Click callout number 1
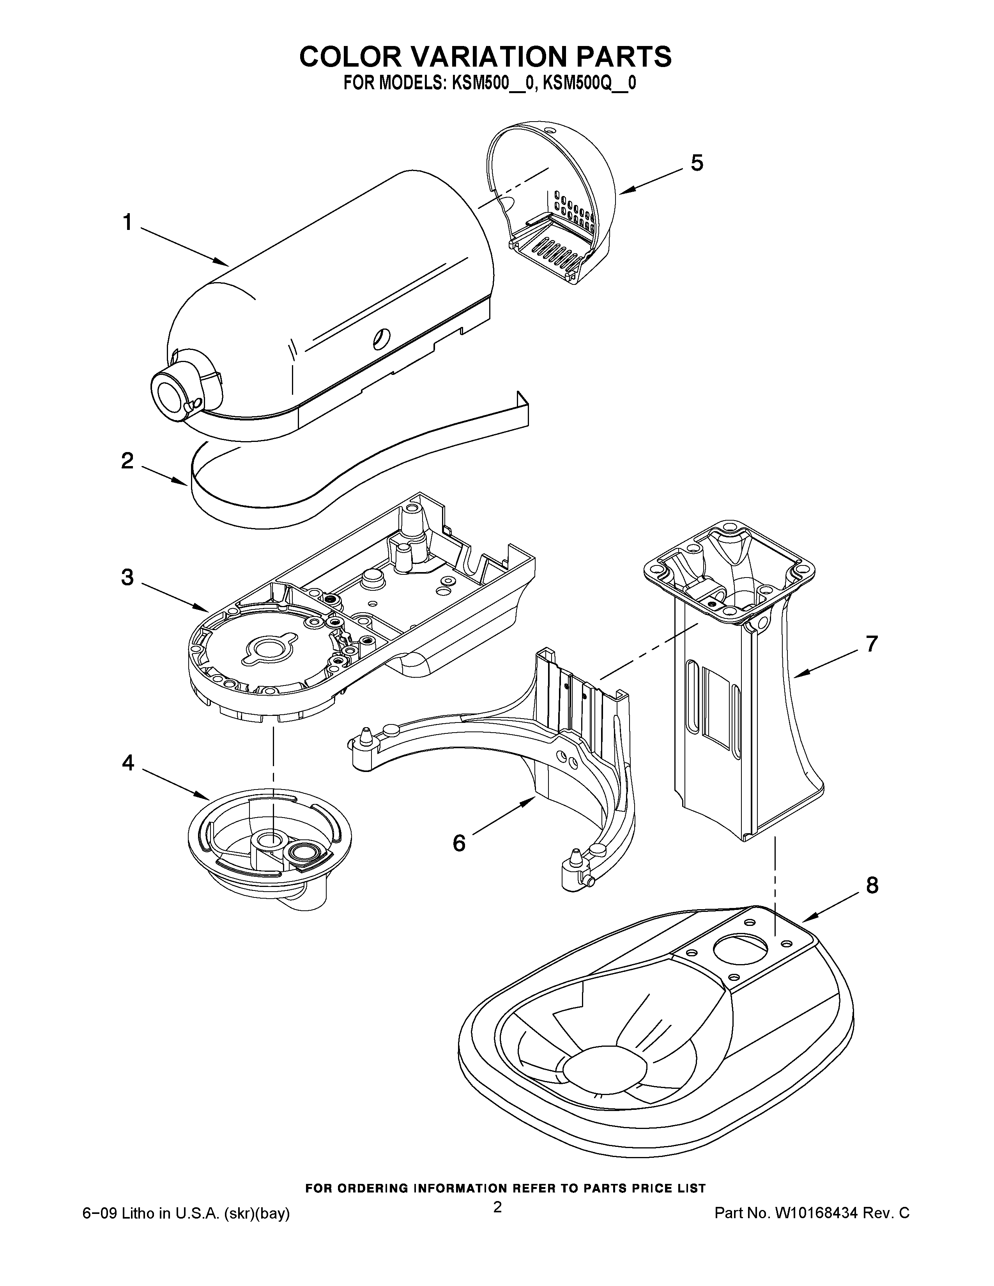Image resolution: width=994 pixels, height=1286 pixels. (127, 223)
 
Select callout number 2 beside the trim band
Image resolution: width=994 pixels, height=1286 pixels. (127, 461)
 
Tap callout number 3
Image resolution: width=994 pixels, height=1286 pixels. (127, 577)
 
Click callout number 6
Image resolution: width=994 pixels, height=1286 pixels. (459, 844)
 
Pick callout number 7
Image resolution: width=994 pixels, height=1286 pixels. (872, 644)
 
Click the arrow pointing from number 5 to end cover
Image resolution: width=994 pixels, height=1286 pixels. (651, 179)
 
